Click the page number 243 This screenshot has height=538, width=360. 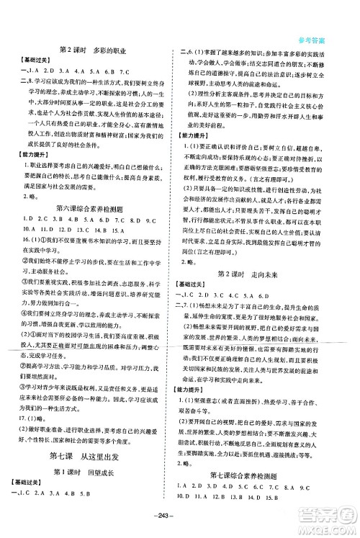pos(179,524)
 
